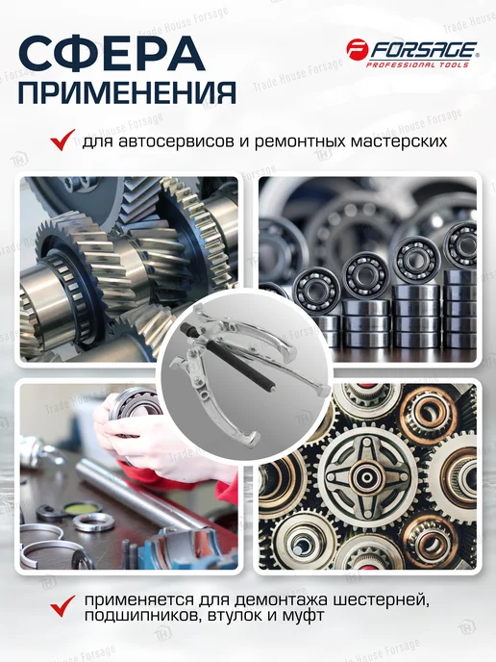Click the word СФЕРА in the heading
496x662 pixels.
(x=112, y=54)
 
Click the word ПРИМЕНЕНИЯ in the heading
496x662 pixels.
(x=127, y=92)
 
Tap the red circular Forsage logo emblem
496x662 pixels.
(x=358, y=49)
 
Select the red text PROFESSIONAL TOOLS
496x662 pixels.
(x=417, y=64)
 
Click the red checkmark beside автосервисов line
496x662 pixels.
(x=62, y=140)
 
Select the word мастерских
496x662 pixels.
(x=399, y=141)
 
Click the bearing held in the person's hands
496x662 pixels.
(x=133, y=411)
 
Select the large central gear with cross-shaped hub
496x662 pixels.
(x=365, y=475)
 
